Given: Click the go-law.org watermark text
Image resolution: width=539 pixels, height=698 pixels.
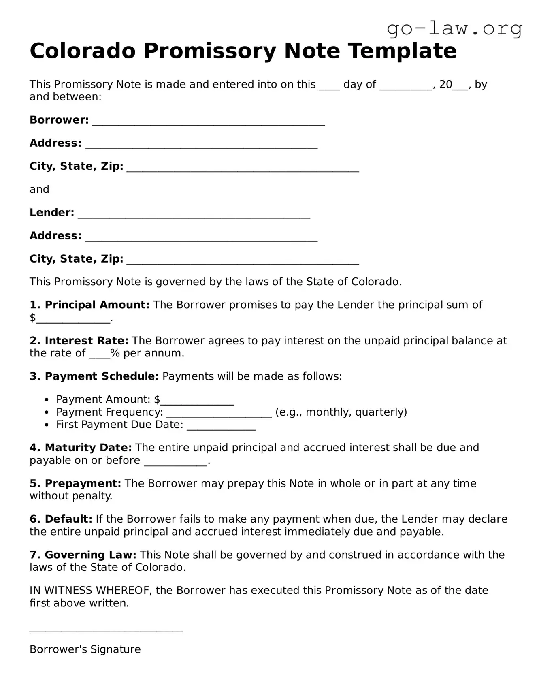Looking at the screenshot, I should click(454, 28).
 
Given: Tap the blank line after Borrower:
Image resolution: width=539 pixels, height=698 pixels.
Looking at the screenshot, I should click(209, 122).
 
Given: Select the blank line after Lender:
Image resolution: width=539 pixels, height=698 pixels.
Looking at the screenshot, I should click(194, 214).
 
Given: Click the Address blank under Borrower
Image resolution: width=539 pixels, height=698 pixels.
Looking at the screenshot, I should click(201, 145).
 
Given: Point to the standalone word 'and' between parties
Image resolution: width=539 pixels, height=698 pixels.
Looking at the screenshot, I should click(39, 189).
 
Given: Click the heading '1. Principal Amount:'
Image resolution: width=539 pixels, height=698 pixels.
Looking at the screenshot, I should click(89, 305).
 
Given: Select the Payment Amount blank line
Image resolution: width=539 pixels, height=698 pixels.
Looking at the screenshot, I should click(197, 401).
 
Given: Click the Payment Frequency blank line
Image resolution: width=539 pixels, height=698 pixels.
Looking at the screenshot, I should click(219, 414).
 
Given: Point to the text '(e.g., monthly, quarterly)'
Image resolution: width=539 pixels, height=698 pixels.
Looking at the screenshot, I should click(341, 412).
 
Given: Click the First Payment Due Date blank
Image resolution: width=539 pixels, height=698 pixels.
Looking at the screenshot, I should click(221, 426).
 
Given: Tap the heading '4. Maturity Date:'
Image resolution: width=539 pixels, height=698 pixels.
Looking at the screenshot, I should click(81, 448).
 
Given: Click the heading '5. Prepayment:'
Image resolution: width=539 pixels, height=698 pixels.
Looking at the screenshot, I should click(75, 483).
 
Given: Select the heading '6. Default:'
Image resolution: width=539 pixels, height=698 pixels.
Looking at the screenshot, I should click(61, 519).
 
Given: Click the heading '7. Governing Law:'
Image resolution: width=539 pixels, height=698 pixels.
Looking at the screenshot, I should click(83, 555).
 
